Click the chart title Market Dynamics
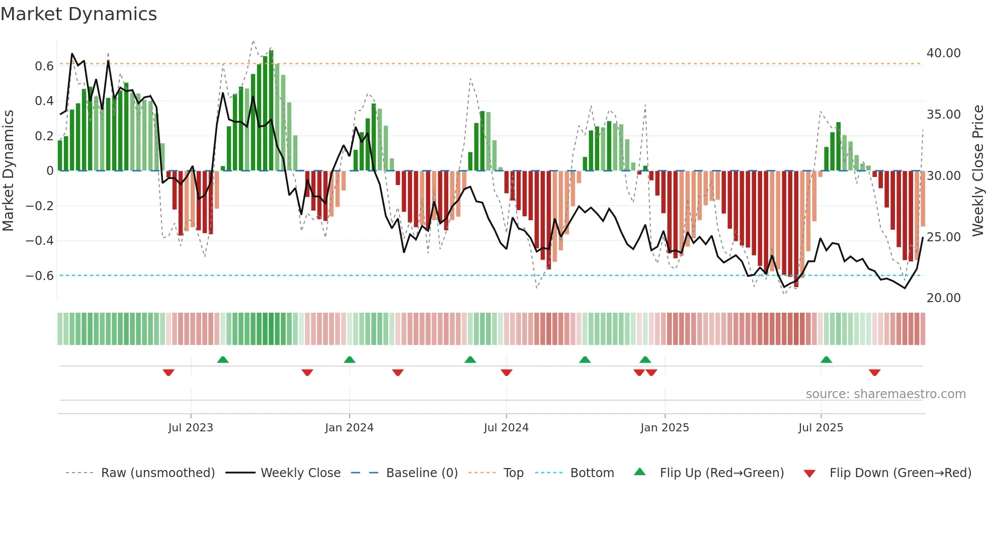[78, 14]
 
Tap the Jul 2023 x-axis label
[191, 428]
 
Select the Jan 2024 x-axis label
[349, 428]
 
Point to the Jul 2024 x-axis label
[506, 428]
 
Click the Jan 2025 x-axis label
[665, 428]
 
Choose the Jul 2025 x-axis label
[820, 428]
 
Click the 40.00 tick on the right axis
[943, 53]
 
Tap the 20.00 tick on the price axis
[943, 298]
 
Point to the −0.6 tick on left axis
[40, 276]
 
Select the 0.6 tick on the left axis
[44, 66]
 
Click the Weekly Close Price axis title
[977, 171]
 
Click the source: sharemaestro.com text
[885, 394]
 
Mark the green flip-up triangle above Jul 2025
[826, 360]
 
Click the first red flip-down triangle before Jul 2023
[169, 373]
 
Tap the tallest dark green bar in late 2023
[271, 111]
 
